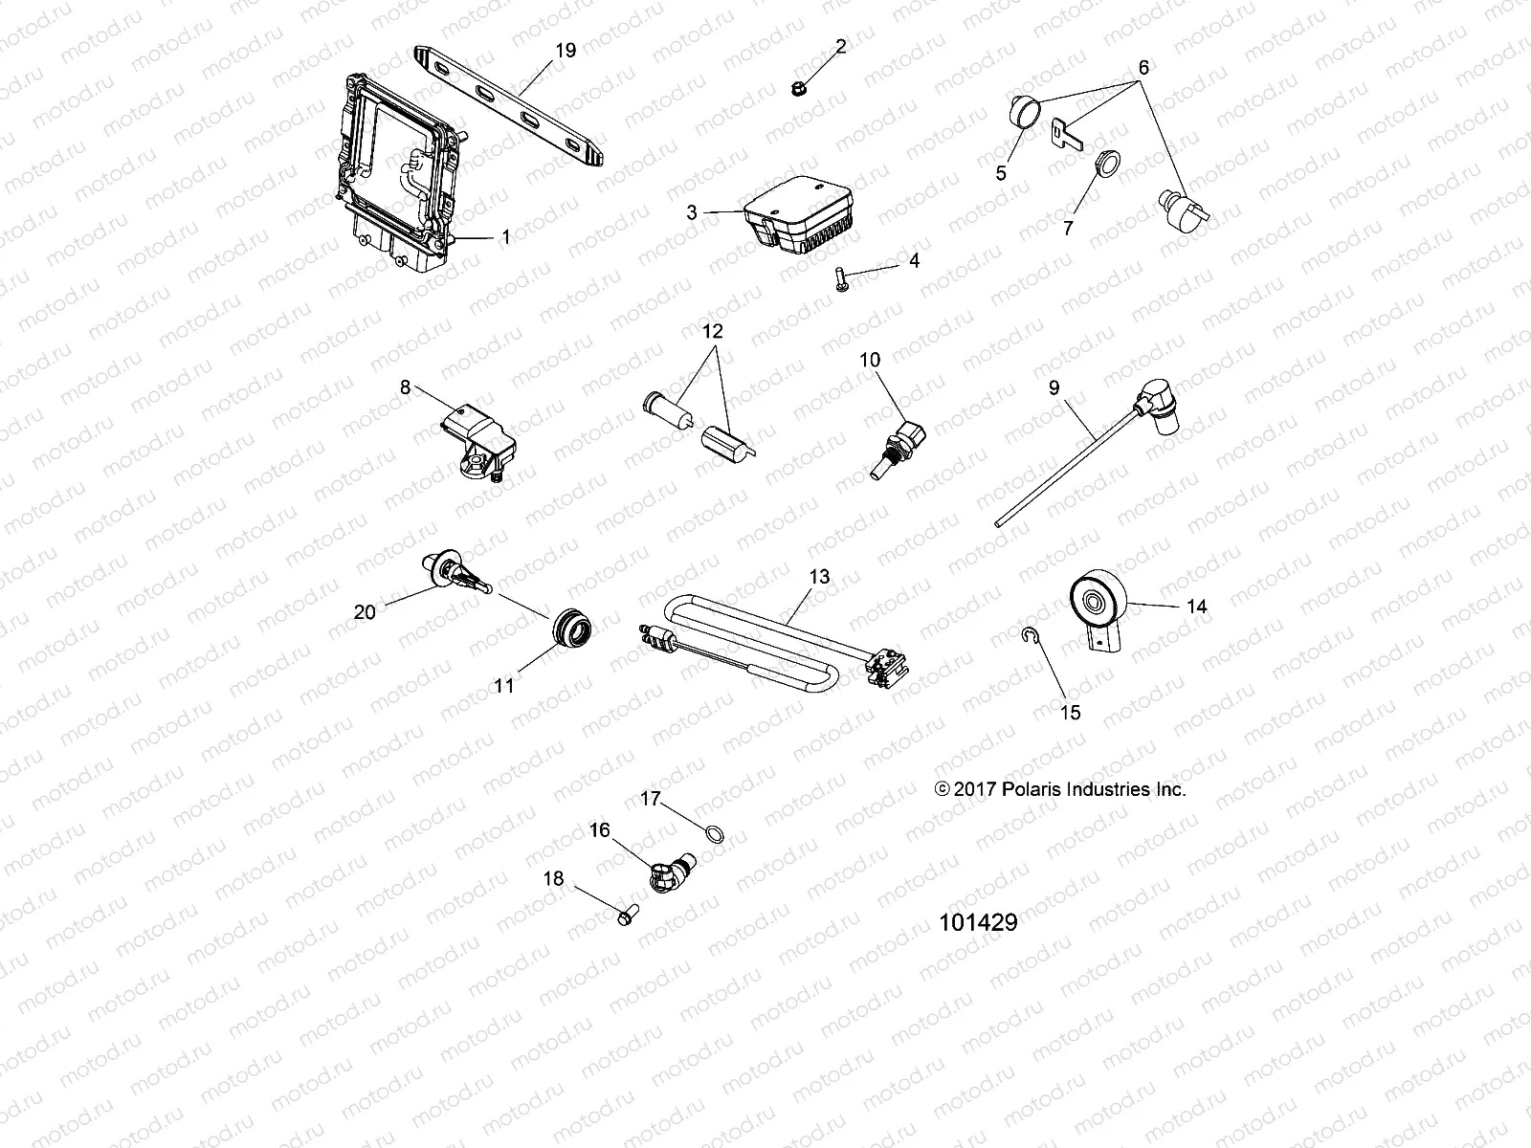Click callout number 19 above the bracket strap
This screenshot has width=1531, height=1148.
(566, 50)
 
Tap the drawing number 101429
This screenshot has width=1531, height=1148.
(977, 922)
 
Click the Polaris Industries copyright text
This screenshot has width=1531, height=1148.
(1059, 789)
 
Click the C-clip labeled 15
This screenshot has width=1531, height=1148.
(1027, 634)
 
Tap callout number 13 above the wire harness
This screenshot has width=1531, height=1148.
(819, 577)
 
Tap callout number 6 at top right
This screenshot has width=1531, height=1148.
(1143, 67)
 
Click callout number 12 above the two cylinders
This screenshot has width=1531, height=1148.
(714, 332)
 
